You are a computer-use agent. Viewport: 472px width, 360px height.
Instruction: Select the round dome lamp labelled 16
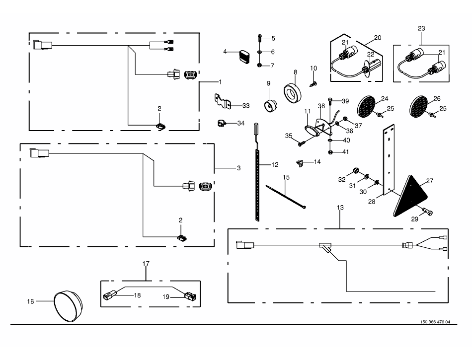click(x=68, y=306)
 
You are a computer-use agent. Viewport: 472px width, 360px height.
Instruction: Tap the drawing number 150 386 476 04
click(x=435, y=322)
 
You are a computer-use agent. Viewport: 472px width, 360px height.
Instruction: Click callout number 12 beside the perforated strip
click(x=275, y=164)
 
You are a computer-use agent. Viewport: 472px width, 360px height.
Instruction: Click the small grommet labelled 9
click(x=270, y=106)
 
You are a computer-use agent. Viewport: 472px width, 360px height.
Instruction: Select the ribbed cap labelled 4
click(x=244, y=57)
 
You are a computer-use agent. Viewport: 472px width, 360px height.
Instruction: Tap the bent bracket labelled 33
click(x=223, y=101)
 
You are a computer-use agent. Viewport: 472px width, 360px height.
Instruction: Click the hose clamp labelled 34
click(x=222, y=123)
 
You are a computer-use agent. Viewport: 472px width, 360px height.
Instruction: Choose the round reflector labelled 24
click(x=366, y=106)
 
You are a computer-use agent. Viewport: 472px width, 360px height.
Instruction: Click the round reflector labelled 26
click(x=419, y=106)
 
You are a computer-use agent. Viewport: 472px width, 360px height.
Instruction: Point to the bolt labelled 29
click(x=427, y=212)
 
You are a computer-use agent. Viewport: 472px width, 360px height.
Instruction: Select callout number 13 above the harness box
click(x=340, y=208)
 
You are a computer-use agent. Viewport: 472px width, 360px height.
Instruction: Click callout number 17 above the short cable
click(x=146, y=264)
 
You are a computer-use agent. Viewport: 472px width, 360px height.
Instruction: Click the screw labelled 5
click(x=260, y=38)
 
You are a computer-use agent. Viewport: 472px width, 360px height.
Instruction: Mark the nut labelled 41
click(x=330, y=152)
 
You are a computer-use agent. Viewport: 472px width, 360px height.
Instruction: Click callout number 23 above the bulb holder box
click(x=421, y=28)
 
